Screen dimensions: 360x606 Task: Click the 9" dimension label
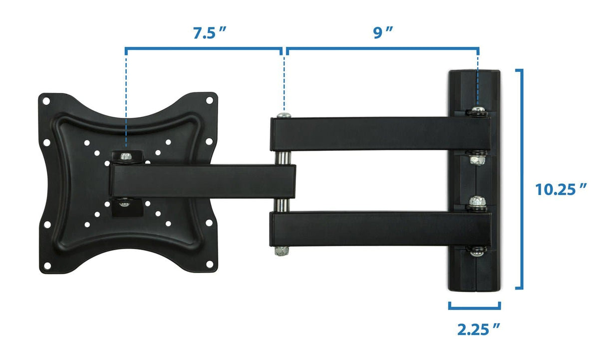click(x=383, y=33)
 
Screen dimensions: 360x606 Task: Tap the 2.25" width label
click(x=479, y=329)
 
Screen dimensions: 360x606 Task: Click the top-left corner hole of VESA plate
click(x=46, y=101)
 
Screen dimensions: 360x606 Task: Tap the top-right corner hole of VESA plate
click(x=209, y=100)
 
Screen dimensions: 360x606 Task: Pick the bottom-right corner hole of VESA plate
click(x=209, y=266)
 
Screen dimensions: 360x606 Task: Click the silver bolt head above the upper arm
click(x=284, y=115)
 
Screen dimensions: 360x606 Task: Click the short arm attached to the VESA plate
click(x=200, y=182)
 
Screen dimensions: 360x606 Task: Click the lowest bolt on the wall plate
click(x=478, y=252)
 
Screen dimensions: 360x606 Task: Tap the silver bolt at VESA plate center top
click(x=126, y=156)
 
